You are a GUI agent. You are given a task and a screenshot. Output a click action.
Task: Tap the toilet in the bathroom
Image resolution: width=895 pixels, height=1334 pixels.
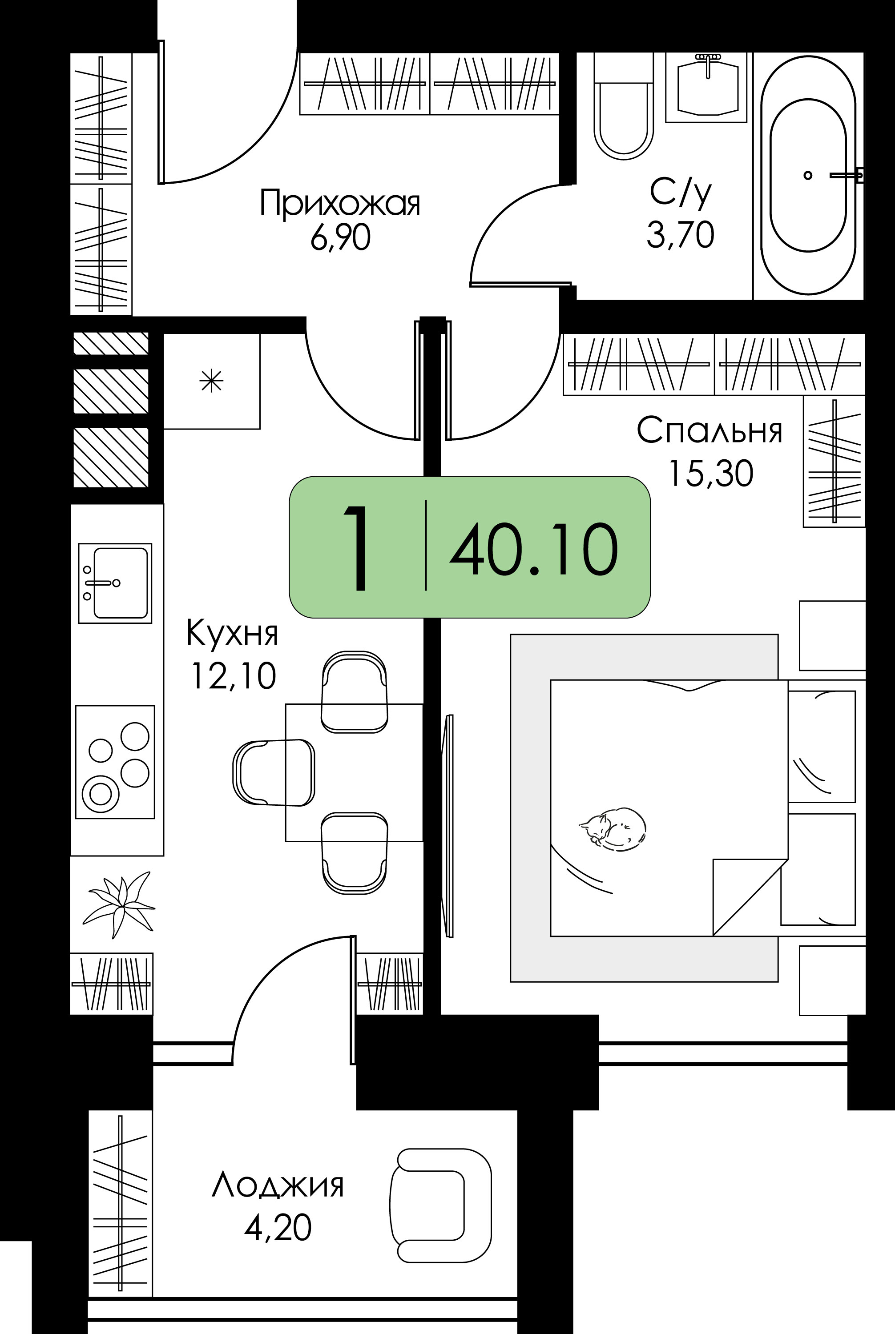pos(623,105)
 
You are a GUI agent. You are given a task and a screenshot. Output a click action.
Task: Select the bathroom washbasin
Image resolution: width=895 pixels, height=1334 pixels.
pos(707,87)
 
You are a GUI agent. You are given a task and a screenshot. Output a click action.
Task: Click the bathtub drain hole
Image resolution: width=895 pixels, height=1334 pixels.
pos(808,175)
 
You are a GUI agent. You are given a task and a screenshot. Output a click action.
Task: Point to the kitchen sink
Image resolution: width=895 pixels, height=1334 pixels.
pos(115,583)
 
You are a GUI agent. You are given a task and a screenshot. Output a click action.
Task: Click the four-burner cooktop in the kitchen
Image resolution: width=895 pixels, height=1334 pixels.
pos(115,762)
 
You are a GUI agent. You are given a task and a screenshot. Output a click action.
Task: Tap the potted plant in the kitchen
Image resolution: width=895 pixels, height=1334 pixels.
pos(119,904)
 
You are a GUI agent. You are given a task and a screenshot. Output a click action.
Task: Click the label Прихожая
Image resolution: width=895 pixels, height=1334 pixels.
pos(339,204)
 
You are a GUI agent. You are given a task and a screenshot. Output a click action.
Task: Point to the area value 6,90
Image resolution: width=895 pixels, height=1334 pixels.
pos(340,237)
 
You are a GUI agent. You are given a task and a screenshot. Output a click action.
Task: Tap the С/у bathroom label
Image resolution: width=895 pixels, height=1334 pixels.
pos(681,193)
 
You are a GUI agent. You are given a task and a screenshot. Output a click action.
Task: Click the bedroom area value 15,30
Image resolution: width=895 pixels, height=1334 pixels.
pos(711,474)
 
